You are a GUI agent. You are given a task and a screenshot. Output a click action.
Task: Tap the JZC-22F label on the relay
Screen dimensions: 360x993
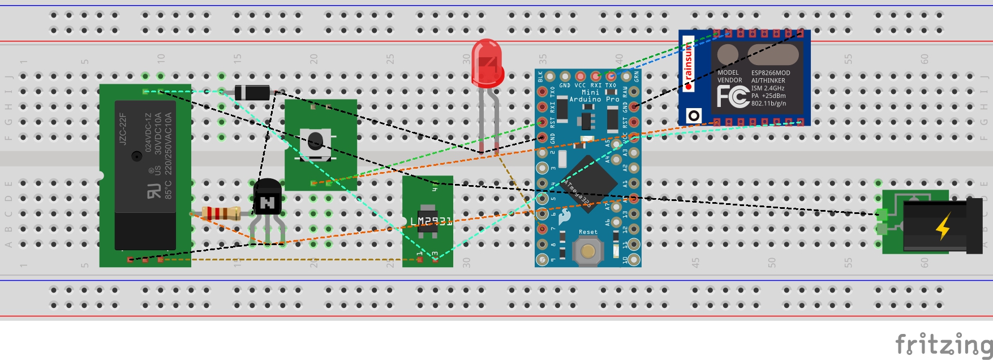pyautogui.click(x=123, y=128)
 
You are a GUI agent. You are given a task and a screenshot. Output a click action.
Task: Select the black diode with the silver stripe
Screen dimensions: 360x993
pyautogui.click(x=252, y=92)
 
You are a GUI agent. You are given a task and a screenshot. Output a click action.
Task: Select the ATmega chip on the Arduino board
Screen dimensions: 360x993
pyautogui.click(x=588, y=181)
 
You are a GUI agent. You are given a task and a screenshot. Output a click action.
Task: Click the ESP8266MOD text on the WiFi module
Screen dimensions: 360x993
pyautogui.click(x=771, y=73)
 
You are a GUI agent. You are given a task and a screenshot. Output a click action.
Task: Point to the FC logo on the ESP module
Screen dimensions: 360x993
pyautogui.click(x=733, y=96)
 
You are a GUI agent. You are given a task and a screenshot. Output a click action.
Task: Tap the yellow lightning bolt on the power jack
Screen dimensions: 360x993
pyautogui.click(x=943, y=226)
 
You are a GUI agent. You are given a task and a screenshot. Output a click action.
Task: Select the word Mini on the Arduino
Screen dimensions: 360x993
pyautogui.click(x=590, y=92)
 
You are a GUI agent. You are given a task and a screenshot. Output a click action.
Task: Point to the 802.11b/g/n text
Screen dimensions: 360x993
pyautogui.click(x=768, y=104)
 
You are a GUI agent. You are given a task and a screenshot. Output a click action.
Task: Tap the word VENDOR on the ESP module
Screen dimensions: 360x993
pyautogui.click(x=729, y=80)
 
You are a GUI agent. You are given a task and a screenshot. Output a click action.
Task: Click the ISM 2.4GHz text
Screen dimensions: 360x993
pyautogui.click(x=768, y=88)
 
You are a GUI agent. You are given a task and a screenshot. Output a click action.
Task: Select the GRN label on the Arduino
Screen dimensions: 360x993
pyautogui.click(x=637, y=76)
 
